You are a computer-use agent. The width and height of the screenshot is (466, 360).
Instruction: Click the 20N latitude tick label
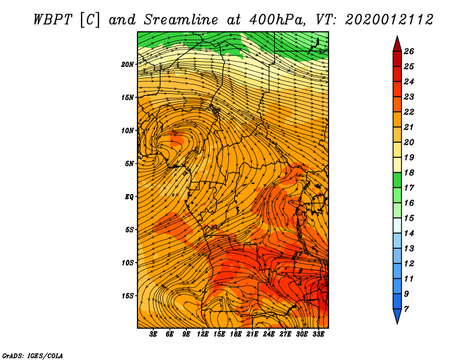128,65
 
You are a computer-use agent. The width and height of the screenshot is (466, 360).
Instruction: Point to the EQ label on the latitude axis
129,197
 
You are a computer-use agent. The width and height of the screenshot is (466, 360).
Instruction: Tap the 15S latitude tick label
128,296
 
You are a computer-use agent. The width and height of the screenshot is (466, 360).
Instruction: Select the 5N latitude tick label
129,164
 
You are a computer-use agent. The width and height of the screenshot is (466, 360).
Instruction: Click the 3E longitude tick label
153,334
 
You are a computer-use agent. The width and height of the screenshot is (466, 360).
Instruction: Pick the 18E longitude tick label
236,334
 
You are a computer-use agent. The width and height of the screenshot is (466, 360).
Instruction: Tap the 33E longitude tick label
318,334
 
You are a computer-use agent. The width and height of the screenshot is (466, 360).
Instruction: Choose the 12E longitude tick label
203,334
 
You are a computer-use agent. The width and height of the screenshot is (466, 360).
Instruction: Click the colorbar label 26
409,51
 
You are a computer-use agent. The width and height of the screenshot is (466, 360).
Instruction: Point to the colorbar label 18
409,172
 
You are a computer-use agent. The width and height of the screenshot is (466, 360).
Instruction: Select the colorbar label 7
406,309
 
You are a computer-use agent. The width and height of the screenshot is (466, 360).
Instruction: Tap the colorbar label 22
409,112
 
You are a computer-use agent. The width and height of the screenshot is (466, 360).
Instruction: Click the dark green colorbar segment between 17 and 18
397,180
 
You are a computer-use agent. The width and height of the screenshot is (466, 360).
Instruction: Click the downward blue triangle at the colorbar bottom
397,315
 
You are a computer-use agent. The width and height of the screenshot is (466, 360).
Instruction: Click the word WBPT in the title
52,20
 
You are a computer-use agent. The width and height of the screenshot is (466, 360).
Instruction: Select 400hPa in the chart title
277,20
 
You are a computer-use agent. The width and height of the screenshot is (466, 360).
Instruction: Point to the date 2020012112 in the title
389,20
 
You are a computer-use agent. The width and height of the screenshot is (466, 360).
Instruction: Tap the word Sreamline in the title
181,20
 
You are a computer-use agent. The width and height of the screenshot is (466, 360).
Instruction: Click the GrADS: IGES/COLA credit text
33,355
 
